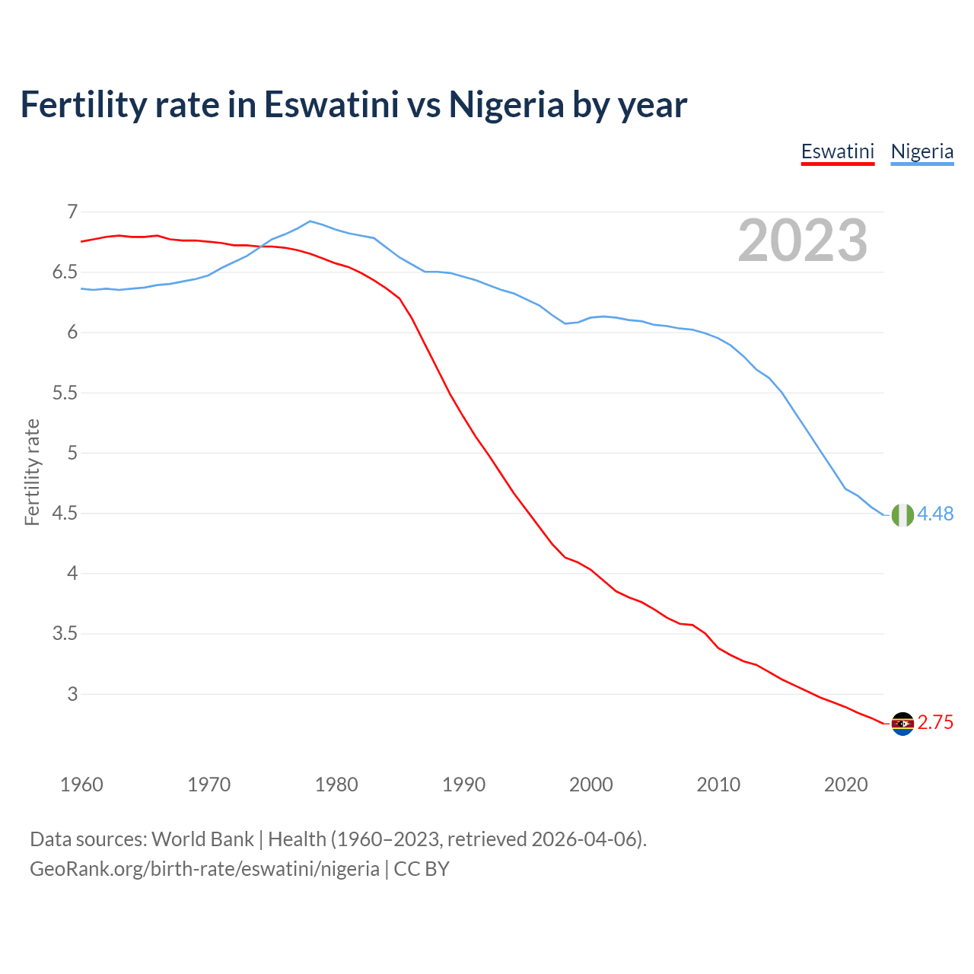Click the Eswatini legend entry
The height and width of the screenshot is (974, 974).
tap(837, 151)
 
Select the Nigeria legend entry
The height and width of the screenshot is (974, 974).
tap(921, 151)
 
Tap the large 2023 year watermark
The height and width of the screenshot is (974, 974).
tap(802, 241)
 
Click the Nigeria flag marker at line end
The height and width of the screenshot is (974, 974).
tap(902, 515)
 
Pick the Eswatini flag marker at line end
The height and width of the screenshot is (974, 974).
tap(902, 724)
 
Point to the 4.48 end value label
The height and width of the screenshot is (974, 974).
tap(935, 514)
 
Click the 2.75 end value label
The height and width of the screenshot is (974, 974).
tap(935, 723)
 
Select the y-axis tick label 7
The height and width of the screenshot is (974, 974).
tap(72, 212)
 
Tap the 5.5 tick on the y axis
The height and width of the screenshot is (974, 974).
tap(65, 393)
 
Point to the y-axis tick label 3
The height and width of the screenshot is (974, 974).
tap(72, 694)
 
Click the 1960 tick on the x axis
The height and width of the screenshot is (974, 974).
tap(81, 785)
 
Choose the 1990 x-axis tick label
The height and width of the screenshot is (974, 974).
tap(463, 785)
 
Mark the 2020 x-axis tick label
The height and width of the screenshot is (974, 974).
tap(845, 785)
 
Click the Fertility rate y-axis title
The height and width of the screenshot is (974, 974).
tap(32, 472)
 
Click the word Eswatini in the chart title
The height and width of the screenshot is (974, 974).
tap(331, 104)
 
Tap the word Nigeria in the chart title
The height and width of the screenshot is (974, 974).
tap(506, 104)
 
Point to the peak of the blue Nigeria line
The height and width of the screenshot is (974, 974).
tap(310, 221)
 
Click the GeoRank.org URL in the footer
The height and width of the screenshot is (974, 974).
tap(204, 869)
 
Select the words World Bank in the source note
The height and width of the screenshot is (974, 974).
tap(202, 839)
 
